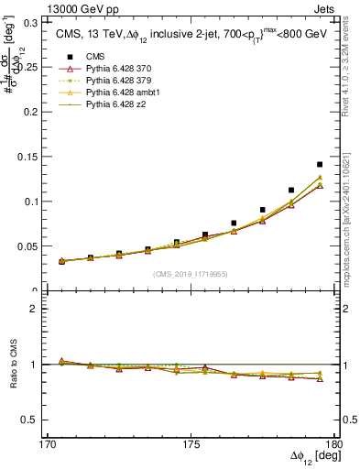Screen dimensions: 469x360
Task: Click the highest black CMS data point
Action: coord(320,165)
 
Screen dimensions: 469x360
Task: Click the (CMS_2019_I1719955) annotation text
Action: coord(191,273)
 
